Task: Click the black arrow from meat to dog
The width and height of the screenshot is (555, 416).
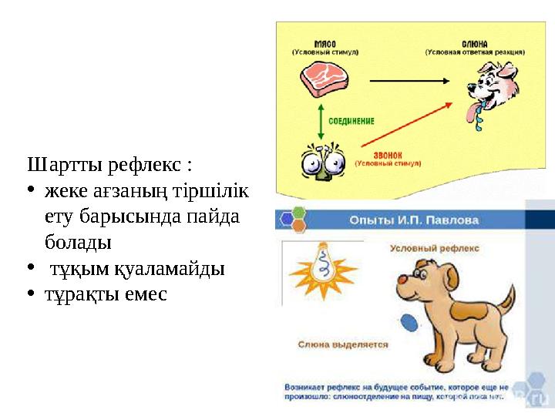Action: pyautogui.click(x=409, y=79)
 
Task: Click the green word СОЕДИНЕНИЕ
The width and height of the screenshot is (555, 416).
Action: pyautogui.click(x=351, y=121)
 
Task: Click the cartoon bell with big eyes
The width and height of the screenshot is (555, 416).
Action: pyautogui.click(x=319, y=163)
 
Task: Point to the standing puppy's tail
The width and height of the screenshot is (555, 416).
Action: pyautogui.click(x=506, y=296)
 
